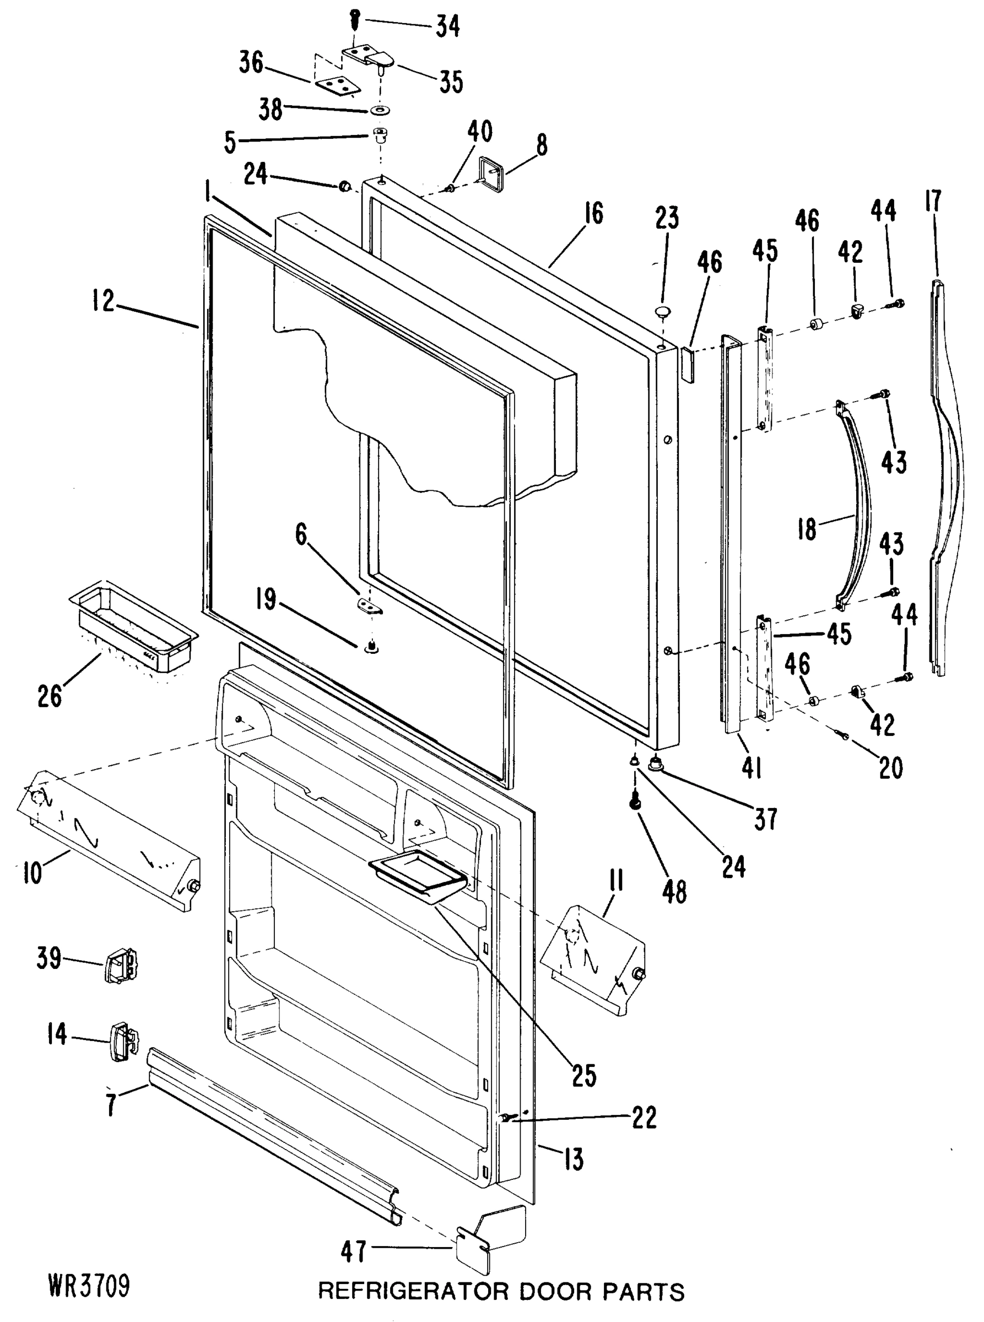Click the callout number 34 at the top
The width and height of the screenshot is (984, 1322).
coord(447,26)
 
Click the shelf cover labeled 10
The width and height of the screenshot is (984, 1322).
coord(107,842)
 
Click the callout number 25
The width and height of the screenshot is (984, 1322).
coord(583,1075)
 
